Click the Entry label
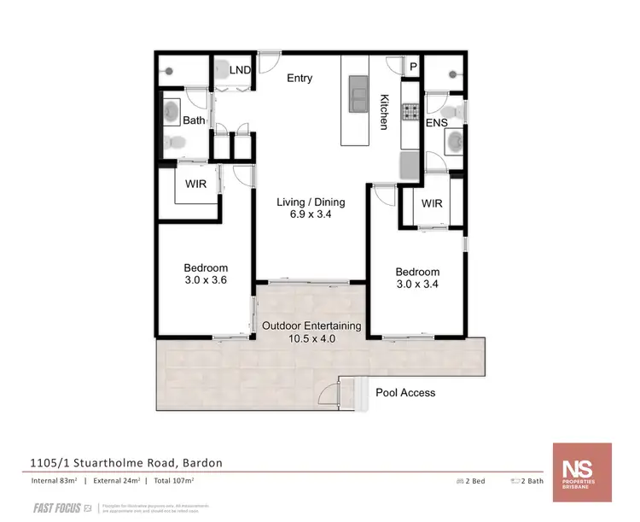tap(300, 79)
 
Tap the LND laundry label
tap(240, 69)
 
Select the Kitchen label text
tap(385, 112)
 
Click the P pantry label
tap(413, 67)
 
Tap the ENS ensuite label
tap(437, 123)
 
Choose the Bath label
tap(194, 120)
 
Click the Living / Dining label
tap(311, 202)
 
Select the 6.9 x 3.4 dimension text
tap(311, 215)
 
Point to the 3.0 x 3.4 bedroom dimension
tap(417, 285)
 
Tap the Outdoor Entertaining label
tap(311, 326)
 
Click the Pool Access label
tap(405, 393)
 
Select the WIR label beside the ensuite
tap(432, 204)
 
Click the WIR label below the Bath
tap(197, 182)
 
